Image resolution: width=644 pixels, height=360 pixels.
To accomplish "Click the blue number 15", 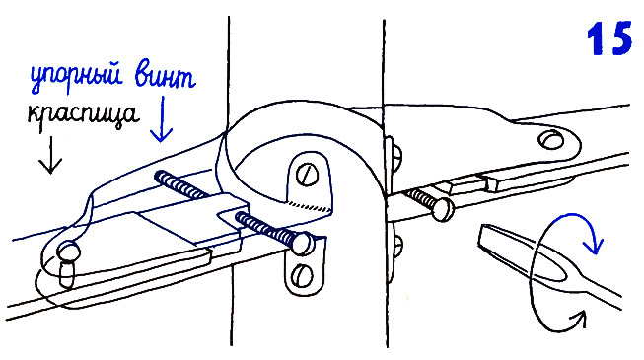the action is (x=609, y=38).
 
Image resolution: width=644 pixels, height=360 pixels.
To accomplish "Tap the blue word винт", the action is (x=165, y=75).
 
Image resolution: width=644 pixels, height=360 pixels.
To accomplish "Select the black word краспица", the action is (x=82, y=114).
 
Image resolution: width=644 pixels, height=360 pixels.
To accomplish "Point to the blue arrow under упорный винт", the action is (x=162, y=119).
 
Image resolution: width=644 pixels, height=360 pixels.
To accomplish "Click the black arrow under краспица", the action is (x=50, y=155).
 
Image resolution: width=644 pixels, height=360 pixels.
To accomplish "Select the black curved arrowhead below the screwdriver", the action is (x=578, y=318).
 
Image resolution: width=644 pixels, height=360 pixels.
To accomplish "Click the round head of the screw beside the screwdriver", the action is (x=442, y=209).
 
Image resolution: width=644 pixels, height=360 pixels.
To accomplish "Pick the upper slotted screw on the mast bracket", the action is (x=307, y=175).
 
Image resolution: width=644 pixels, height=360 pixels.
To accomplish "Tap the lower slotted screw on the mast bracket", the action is (x=302, y=275).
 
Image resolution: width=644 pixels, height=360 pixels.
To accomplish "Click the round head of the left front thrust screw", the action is (x=303, y=244).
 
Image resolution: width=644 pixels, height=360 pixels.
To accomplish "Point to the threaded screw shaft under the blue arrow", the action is (x=180, y=185).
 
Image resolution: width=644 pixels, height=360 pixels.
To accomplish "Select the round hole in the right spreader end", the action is (x=550, y=140).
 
